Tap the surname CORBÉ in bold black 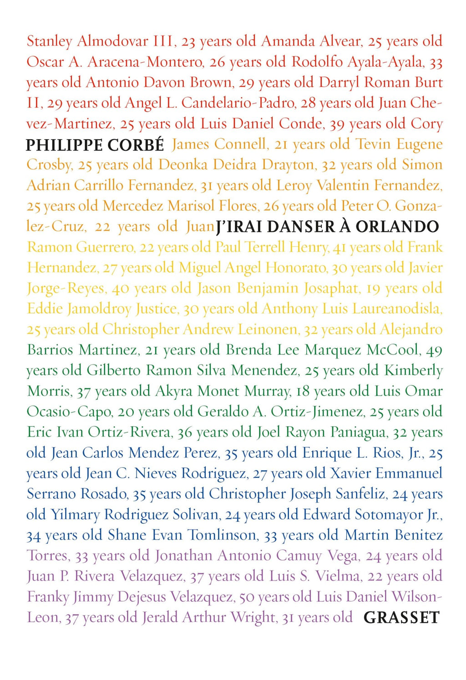click(x=136, y=145)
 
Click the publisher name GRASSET click(x=401, y=617)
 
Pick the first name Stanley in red click(x=49, y=41)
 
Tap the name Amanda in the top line click(x=288, y=41)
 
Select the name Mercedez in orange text click(x=132, y=206)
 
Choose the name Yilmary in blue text click(x=75, y=515)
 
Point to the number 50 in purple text click(x=248, y=597)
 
